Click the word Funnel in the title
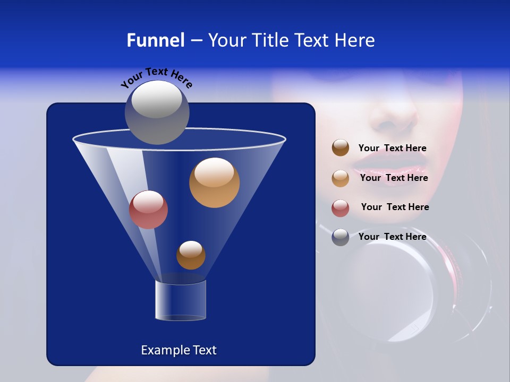pyautogui.click(x=155, y=40)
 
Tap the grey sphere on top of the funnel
pyautogui.click(x=157, y=112)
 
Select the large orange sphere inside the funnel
pyautogui.click(x=214, y=183)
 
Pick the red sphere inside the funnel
pyautogui.click(x=148, y=210)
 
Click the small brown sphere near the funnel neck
pyautogui.click(x=191, y=255)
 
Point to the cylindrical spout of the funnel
pyautogui.click(x=181, y=300)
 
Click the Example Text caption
pyautogui.click(x=178, y=350)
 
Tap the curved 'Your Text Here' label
pyautogui.click(x=156, y=77)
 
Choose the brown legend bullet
pyautogui.click(x=341, y=148)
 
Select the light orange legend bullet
pyautogui.click(x=341, y=178)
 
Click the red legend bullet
pyautogui.click(x=341, y=207)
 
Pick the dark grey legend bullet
pyautogui.click(x=341, y=237)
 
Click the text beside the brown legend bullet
pyautogui.click(x=392, y=148)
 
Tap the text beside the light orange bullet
pyautogui.click(x=394, y=178)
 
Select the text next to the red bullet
pyautogui.click(x=395, y=207)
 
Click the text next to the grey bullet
pyautogui.click(x=392, y=237)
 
